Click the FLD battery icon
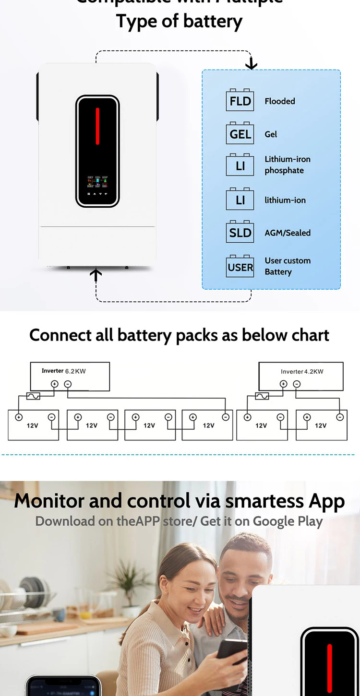tap(240, 100)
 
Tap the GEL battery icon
tap(240, 133)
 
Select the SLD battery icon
tap(240, 232)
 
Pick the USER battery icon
tap(240, 266)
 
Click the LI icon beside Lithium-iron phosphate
tap(240, 165)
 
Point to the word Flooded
tap(280, 101)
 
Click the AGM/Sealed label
tap(288, 233)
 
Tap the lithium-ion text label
tap(285, 200)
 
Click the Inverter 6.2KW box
tap(70, 376)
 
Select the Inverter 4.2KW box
tap(301, 376)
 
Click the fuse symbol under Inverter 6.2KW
tap(33, 396)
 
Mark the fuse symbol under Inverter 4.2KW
tap(262, 396)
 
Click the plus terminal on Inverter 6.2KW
tap(54, 384)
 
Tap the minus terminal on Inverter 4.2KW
tap(297, 384)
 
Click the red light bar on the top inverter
tap(97, 126)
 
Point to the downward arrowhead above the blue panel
tap(251, 65)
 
